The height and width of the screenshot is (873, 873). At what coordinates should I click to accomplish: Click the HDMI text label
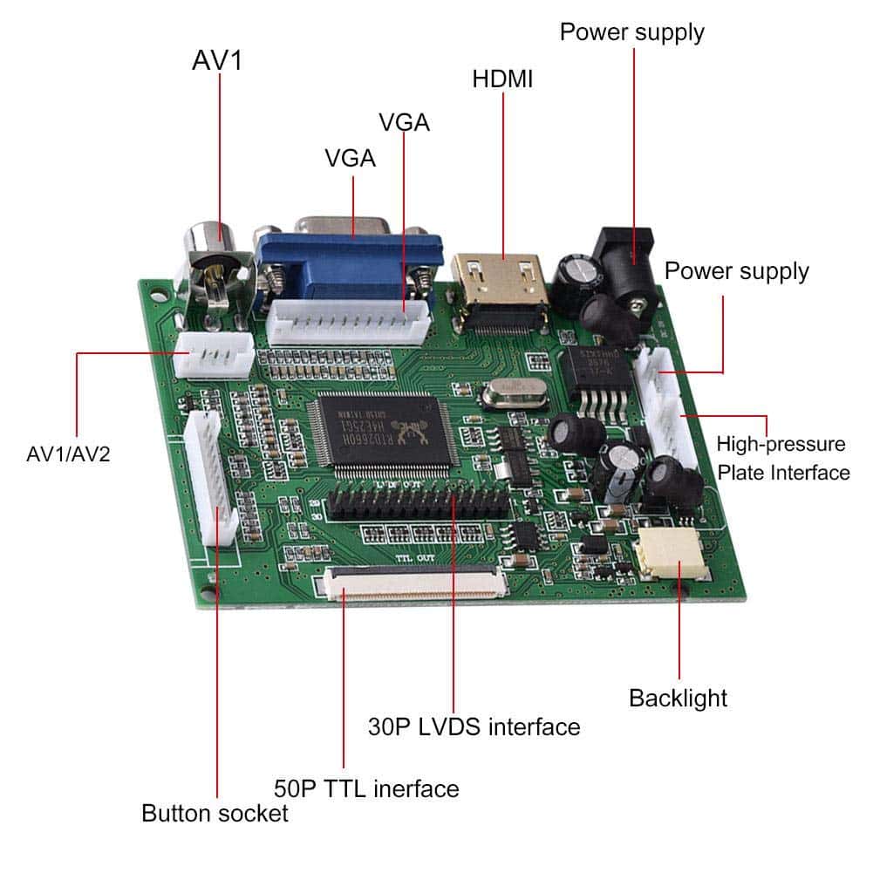[x=502, y=78]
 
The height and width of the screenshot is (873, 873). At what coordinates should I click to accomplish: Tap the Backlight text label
[x=678, y=698]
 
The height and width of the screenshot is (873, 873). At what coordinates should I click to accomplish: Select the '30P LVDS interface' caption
[x=474, y=726]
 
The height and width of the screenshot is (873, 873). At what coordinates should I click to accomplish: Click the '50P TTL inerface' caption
[x=366, y=788]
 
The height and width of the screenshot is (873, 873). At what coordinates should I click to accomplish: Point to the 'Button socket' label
[x=215, y=814]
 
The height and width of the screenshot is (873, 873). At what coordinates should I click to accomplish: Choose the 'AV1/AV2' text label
[x=69, y=454]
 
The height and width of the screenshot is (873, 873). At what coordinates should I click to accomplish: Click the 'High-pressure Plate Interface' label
[x=782, y=458]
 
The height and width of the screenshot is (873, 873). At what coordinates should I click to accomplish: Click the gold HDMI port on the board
[x=501, y=283]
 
